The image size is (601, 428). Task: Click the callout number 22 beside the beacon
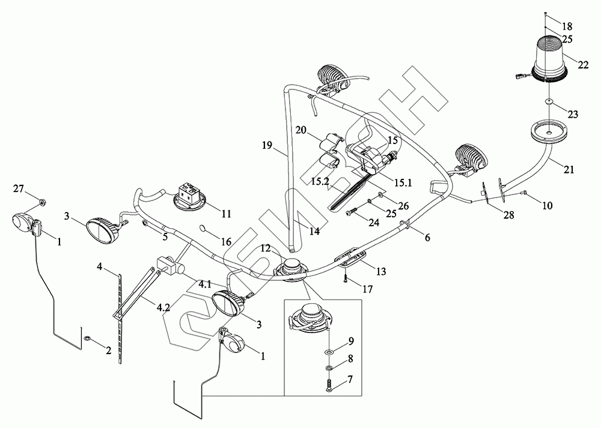coord(582,65)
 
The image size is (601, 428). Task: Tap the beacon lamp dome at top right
coord(549,58)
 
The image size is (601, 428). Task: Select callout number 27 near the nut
coord(19,188)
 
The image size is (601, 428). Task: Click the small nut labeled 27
coord(43,200)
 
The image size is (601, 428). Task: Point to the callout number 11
coord(227,213)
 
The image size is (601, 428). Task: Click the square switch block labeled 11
coord(189,195)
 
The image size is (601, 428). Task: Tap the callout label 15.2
coord(320,181)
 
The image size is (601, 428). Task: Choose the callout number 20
coord(301,130)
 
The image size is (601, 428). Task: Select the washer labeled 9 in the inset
coord(329,352)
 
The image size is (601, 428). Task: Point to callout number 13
coord(380,271)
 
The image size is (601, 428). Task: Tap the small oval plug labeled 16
coord(203,229)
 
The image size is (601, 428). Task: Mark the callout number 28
coord(508,215)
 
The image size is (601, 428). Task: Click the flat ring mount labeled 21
coord(549,131)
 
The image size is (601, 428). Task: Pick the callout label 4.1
coord(204,285)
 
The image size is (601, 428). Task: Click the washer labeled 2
coord(88,339)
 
